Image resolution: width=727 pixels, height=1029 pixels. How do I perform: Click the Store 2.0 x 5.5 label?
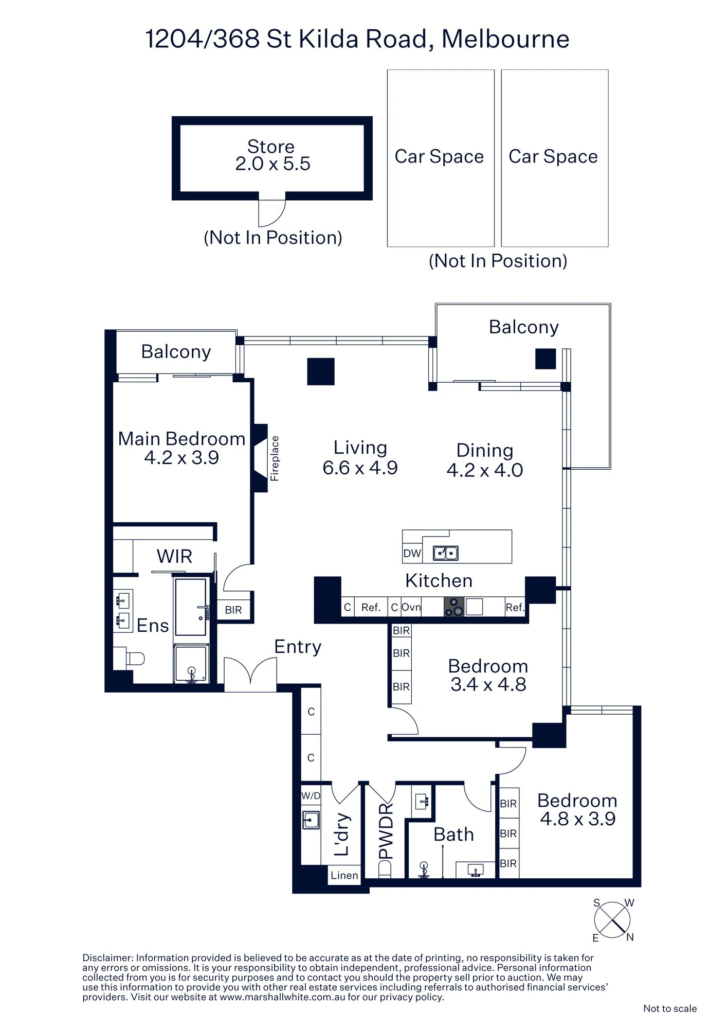click(272, 155)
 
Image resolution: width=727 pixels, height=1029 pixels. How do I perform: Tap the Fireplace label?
click(275, 458)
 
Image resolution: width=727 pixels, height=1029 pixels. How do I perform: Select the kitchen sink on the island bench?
click(445, 553)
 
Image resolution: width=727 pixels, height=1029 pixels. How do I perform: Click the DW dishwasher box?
click(412, 554)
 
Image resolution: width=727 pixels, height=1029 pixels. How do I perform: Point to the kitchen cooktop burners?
click(454, 607)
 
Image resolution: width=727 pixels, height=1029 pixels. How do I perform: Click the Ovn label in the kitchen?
click(411, 607)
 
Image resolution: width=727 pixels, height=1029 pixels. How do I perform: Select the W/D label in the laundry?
click(311, 796)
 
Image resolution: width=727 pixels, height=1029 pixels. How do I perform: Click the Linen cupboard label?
click(344, 875)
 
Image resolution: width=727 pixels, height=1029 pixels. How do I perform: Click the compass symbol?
click(612, 920)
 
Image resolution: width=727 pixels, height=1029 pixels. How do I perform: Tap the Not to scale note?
click(670, 1008)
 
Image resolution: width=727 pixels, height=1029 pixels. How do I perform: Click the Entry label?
click(298, 647)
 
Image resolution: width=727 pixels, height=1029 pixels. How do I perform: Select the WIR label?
click(174, 556)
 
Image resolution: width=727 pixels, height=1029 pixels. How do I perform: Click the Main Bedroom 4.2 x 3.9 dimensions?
click(181, 457)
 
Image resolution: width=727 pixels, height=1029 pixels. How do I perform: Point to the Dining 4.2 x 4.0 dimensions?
click(485, 470)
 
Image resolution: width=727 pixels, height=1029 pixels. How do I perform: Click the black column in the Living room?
click(321, 371)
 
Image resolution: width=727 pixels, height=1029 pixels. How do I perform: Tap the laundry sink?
click(311, 820)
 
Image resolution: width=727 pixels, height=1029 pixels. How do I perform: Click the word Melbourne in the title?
click(505, 39)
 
